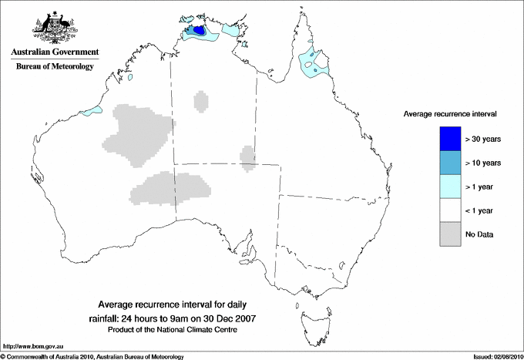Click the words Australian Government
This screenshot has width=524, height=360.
point(54,52)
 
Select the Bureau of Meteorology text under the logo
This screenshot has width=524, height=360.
point(54,67)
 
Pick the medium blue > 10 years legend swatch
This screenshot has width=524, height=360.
point(449,163)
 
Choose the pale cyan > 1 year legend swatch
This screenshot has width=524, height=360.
point(449,186)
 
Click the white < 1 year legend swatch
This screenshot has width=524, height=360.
point(449,210)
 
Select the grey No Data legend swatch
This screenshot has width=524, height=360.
point(449,234)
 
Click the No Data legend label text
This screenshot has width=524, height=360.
point(479,234)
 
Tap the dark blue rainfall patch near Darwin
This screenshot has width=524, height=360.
point(199,31)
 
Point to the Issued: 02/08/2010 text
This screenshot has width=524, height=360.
point(494,356)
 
